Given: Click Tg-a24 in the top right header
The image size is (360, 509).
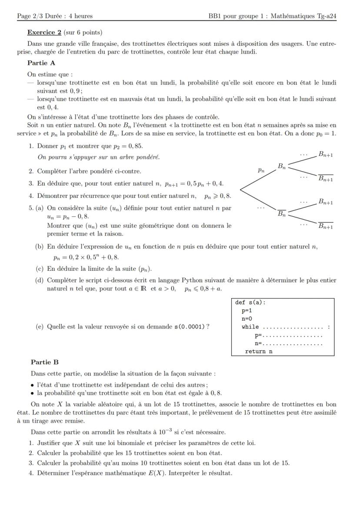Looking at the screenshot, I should point(327,16).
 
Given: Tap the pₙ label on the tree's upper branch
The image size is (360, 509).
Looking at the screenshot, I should point(261,171).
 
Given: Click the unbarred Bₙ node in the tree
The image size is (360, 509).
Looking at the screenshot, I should point(282,166).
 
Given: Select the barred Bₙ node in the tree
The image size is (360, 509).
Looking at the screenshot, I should point(282,213).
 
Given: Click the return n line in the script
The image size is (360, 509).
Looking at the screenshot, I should point(259,351).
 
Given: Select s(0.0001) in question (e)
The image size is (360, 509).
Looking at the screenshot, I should point(190,327).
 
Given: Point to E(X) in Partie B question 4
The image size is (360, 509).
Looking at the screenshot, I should point(150,473).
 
